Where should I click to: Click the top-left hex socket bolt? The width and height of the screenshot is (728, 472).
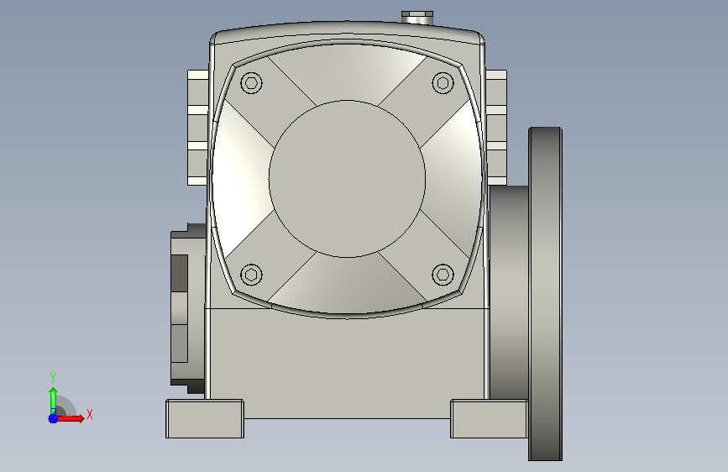click(x=252, y=83)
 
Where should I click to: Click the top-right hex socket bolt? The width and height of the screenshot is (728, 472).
click(x=443, y=83)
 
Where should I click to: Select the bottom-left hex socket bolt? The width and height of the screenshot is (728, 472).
click(x=252, y=275)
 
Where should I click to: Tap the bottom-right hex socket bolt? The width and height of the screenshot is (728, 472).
click(x=443, y=275)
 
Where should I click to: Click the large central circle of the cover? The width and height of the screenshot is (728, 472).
click(x=347, y=179)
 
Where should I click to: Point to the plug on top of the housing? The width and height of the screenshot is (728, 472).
click(x=417, y=18)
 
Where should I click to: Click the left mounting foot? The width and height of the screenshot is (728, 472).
click(x=205, y=418)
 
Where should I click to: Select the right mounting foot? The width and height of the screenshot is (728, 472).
click(x=489, y=418)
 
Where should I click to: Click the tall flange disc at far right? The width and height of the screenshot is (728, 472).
click(x=545, y=294)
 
